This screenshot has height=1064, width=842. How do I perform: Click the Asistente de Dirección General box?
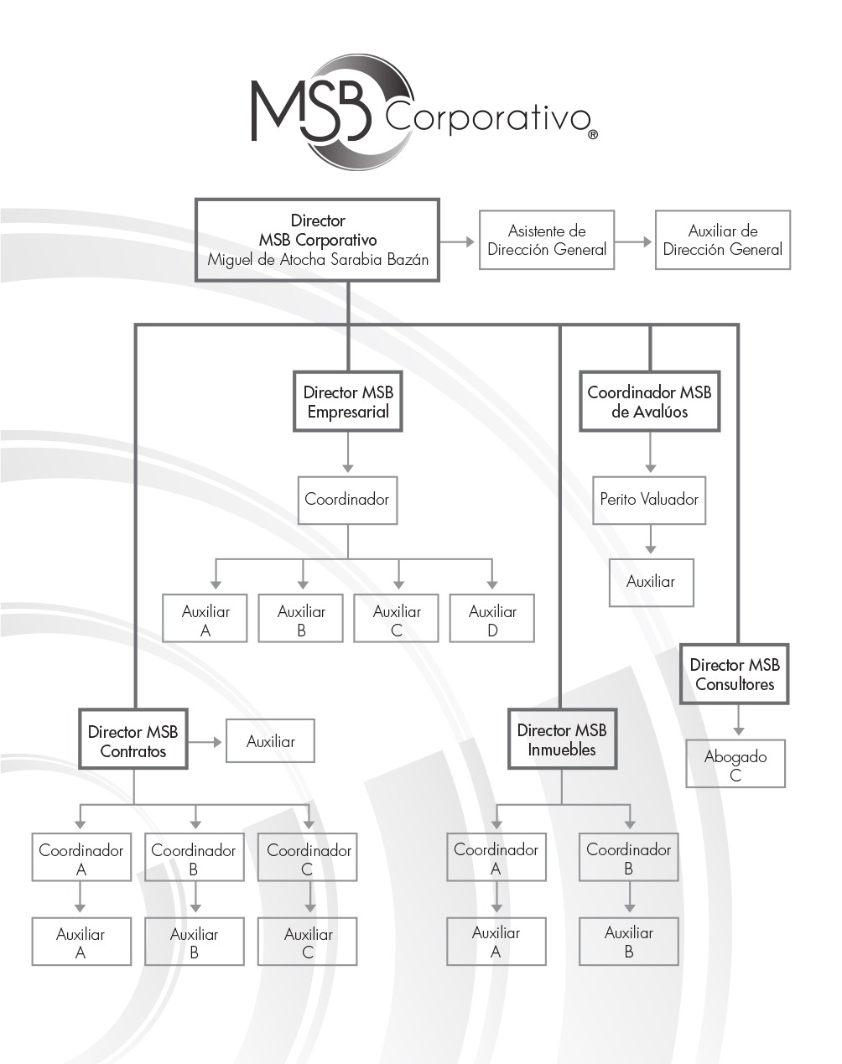(x=547, y=240)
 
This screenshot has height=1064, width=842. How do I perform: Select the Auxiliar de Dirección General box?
(x=722, y=240)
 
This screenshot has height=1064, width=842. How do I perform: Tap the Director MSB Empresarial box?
(x=348, y=402)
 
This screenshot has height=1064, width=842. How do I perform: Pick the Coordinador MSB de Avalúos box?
(x=649, y=402)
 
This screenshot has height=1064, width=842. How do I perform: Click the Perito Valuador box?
(x=649, y=500)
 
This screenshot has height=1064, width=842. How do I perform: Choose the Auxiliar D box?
(x=492, y=620)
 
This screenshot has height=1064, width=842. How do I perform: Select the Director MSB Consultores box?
(x=735, y=674)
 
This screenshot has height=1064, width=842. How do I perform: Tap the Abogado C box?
(x=735, y=764)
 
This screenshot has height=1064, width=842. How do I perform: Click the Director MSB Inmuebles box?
(x=562, y=740)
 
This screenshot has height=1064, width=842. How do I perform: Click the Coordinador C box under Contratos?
(x=308, y=858)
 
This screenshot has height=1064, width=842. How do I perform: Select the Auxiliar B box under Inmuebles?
(x=628, y=942)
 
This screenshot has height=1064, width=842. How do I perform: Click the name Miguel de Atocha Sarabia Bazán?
(x=318, y=260)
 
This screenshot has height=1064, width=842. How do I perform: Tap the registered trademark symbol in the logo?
(x=593, y=133)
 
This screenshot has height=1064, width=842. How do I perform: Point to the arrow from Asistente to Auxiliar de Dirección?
(x=634, y=241)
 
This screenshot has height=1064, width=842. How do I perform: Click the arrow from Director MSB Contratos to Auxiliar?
(x=206, y=742)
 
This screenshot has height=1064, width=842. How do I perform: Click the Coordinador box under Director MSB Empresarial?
(x=347, y=501)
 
